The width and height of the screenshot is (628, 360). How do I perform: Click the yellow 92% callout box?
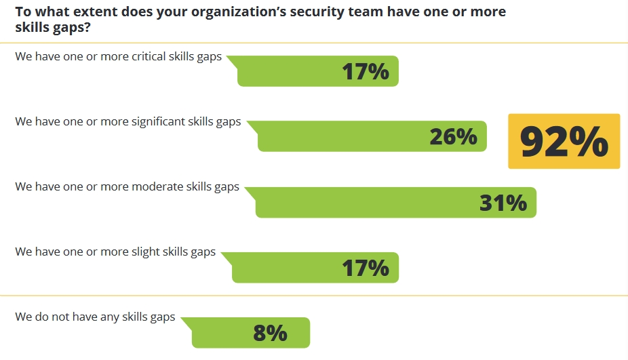click(x=564, y=141)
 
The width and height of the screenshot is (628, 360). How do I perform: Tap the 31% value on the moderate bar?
click(x=503, y=203)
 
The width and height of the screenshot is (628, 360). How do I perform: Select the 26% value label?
click(x=453, y=137)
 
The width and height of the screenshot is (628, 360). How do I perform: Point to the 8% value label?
click(x=270, y=333)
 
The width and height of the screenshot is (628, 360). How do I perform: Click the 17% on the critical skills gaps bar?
click(x=366, y=71)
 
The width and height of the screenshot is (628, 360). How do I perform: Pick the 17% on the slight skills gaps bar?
click(x=366, y=268)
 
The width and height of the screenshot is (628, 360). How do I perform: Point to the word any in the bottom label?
click(x=109, y=317)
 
